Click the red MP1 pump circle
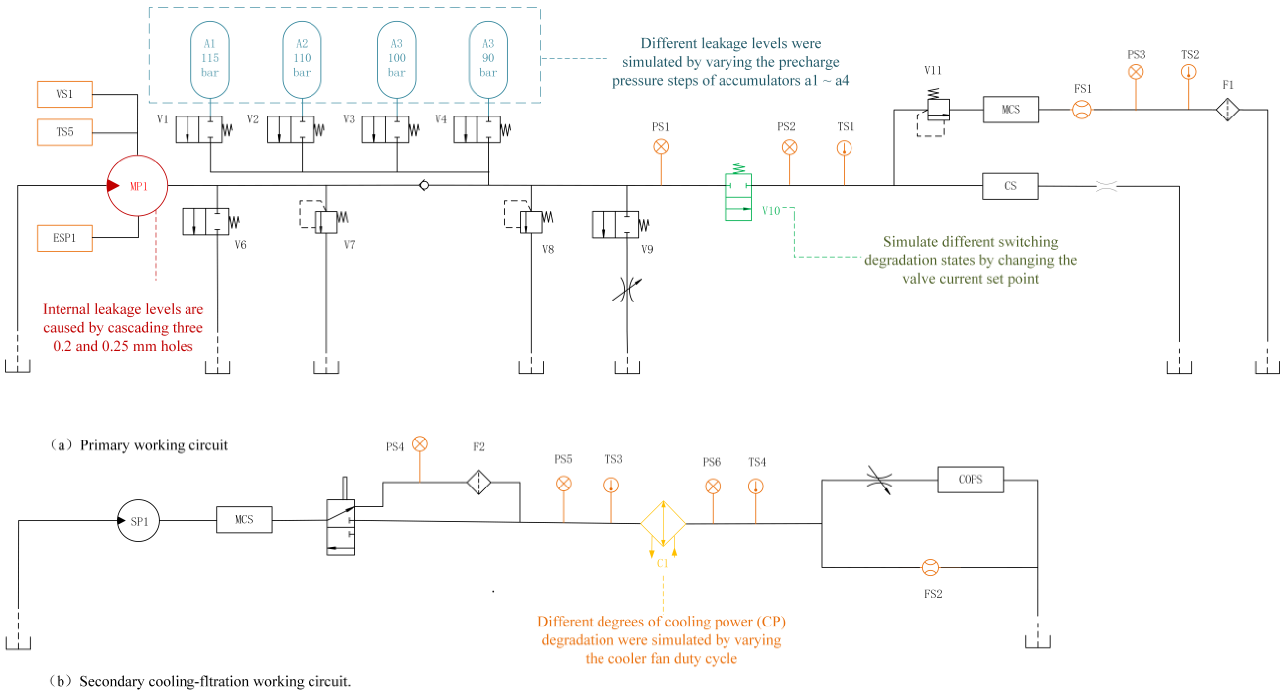(137, 186)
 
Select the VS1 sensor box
(64, 94)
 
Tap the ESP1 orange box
(64, 238)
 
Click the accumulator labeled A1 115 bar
(210, 59)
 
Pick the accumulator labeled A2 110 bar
(302, 59)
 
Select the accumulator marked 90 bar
(488, 59)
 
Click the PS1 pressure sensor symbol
(661, 147)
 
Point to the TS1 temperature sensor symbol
(844, 149)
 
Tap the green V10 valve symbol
(738, 197)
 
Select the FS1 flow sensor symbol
(1081, 110)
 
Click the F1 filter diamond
(1227, 110)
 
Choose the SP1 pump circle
(139, 521)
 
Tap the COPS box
(970, 480)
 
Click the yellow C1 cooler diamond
(663, 524)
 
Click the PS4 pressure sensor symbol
(419, 444)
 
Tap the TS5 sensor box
(64, 132)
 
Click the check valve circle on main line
(424, 186)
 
